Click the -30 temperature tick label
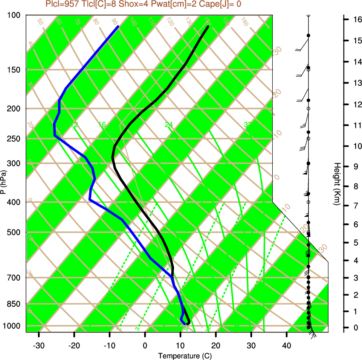[x=39, y=345]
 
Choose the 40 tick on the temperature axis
[x=287, y=345]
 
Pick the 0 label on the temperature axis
[x=145, y=345]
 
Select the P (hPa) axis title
[x=3, y=182]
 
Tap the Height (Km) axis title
[x=337, y=184]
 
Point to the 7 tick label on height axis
[x=354, y=205]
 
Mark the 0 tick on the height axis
[x=354, y=328]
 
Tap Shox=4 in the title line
[x=131, y=5]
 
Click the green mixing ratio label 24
[x=169, y=125]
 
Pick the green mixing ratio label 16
[x=102, y=125]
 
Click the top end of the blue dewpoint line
[x=118, y=27]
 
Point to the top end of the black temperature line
[x=208, y=27]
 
